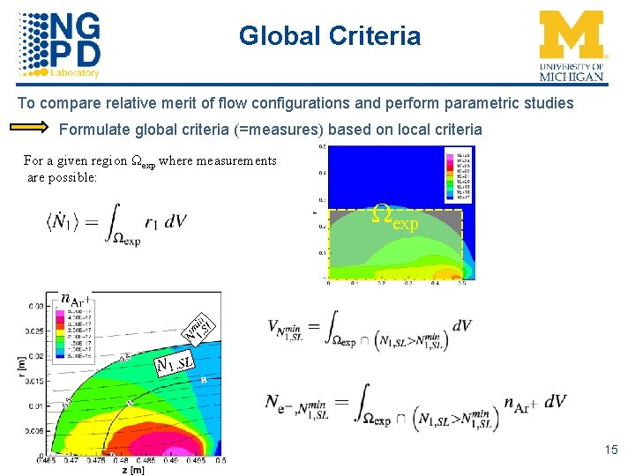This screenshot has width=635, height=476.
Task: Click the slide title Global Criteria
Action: point(329,36)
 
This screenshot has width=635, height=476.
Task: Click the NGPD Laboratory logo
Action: point(60,43)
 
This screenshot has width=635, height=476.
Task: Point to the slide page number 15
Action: point(611,450)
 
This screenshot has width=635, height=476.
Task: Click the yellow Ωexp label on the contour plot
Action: point(395,216)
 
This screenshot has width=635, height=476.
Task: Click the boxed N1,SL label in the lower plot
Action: point(175,362)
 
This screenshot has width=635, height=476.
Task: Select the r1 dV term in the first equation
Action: point(165,221)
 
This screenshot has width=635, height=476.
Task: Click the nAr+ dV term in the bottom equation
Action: point(534,403)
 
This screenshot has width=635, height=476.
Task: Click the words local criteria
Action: point(438,130)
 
